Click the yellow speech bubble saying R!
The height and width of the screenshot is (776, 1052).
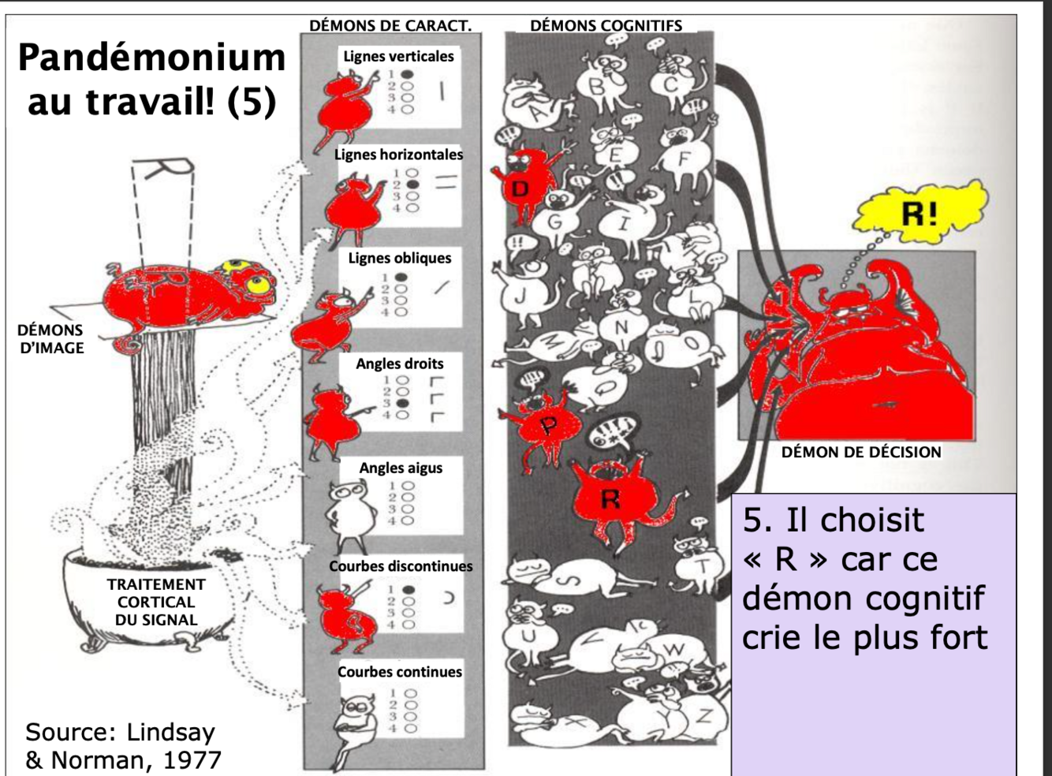pos(920,211)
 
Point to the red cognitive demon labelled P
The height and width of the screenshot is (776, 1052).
pos(548,426)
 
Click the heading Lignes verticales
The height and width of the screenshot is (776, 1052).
pos(398,57)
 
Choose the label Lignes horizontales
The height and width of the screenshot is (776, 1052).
pos(398,155)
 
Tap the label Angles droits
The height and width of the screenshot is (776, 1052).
pos(399,364)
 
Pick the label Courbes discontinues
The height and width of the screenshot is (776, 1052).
pos(401,566)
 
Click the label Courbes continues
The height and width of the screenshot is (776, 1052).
pos(400,672)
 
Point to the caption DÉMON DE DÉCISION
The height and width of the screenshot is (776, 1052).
pos(861,453)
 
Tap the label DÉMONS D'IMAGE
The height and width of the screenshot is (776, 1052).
pos(50,338)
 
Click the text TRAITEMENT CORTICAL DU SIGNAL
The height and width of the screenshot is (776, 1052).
pos(155,602)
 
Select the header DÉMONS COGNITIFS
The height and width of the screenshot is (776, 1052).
pos(606,26)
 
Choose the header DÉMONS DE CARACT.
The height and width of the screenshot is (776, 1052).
pos(390,26)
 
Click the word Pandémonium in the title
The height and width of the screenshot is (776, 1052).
pos(151,58)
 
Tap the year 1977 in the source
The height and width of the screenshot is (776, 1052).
pos(192,759)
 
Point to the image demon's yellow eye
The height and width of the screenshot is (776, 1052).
pos(256,282)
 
